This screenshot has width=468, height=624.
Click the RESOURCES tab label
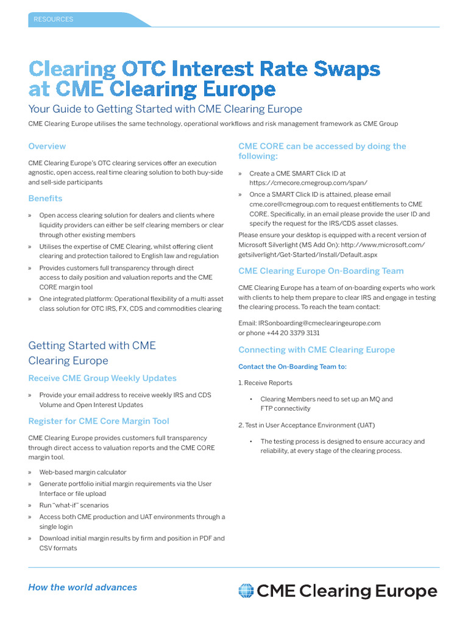[54, 19]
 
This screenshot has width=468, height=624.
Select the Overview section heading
[47, 146]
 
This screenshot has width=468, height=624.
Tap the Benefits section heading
[45, 198]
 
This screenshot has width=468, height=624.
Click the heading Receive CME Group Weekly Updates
[102, 378]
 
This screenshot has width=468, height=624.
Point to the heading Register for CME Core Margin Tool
[99, 421]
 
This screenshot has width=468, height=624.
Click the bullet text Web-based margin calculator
[83, 472]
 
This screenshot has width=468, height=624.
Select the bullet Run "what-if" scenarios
[74, 505]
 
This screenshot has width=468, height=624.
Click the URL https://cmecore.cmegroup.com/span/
[308, 182]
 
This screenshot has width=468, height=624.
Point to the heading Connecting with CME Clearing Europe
[316, 350]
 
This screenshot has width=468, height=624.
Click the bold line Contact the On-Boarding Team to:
[292, 367]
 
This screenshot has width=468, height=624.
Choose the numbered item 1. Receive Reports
[265, 383]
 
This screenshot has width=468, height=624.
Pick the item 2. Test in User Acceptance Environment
[307, 425]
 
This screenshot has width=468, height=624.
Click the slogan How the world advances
[82, 587]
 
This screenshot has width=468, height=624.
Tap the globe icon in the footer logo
[246, 591]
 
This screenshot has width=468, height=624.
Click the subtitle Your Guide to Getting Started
[165, 109]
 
